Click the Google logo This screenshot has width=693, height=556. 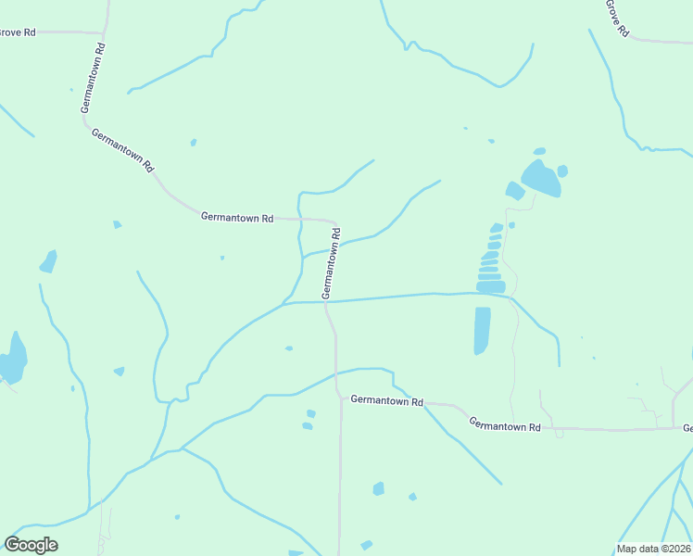tap(31, 545)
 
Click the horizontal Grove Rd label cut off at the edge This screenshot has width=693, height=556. tap(17, 32)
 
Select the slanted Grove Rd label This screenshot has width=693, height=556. tap(617, 18)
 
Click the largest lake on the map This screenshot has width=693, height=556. tap(541, 178)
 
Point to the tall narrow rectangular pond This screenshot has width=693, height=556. tap(482, 330)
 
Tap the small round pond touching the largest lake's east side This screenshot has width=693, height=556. tap(562, 171)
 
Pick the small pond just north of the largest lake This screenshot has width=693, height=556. tap(538, 151)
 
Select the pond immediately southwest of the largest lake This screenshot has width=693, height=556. tap(514, 191)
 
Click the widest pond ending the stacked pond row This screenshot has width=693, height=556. tap(491, 287)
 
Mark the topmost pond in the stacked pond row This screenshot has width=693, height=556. tap(497, 227)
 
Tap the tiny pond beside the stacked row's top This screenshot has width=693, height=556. tap(511, 224)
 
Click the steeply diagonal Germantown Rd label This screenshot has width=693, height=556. tap(122, 149)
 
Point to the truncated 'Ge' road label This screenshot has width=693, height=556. tap(687, 428)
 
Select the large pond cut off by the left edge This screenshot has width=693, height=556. tap(12, 360)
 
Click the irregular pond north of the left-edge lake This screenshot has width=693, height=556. tap(48, 261)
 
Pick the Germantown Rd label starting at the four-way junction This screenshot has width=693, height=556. tap(386, 401)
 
